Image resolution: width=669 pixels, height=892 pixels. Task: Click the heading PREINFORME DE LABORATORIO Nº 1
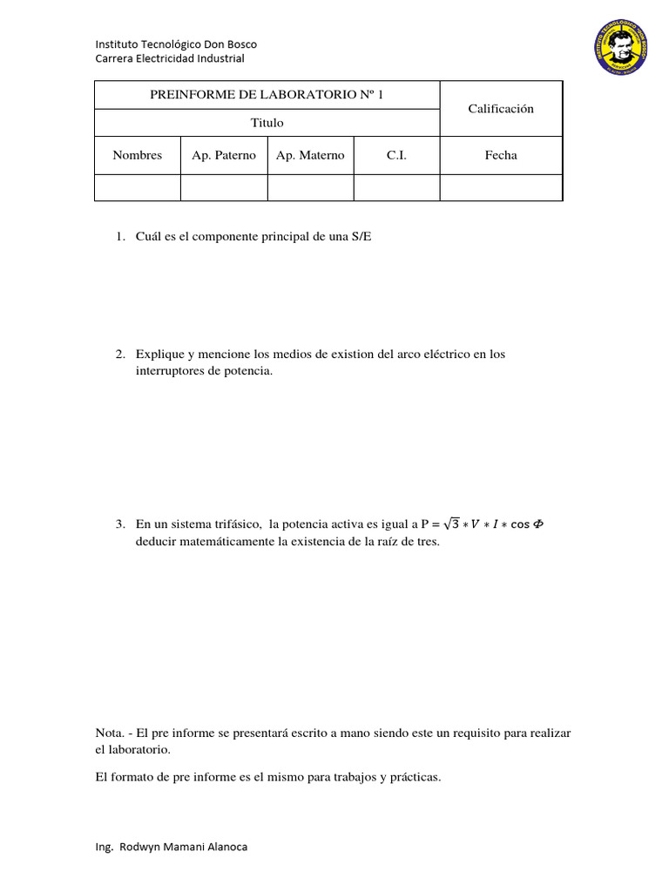(x=267, y=95)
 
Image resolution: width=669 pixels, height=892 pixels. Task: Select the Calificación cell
(x=501, y=109)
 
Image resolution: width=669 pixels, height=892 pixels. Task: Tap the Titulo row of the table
(x=267, y=123)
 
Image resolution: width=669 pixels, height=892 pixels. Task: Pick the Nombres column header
(x=138, y=155)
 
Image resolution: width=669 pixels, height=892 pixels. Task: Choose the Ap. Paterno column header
(x=224, y=155)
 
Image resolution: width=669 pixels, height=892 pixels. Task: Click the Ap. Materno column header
(x=310, y=155)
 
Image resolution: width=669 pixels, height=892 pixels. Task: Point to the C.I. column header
(x=396, y=155)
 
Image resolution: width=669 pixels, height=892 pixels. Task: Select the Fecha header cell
(x=501, y=155)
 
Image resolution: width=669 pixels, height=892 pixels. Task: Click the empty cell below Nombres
(x=138, y=187)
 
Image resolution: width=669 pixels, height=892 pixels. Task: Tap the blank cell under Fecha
(x=501, y=187)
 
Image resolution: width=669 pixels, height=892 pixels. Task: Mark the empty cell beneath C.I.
(x=396, y=187)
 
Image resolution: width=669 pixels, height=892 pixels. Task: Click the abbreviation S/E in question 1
(x=362, y=237)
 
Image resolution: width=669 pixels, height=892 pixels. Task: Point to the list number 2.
(x=120, y=355)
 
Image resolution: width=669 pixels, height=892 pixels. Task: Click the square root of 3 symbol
(x=450, y=524)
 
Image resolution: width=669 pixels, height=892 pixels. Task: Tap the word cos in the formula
(x=519, y=524)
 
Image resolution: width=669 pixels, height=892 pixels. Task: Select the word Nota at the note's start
(x=108, y=733)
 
